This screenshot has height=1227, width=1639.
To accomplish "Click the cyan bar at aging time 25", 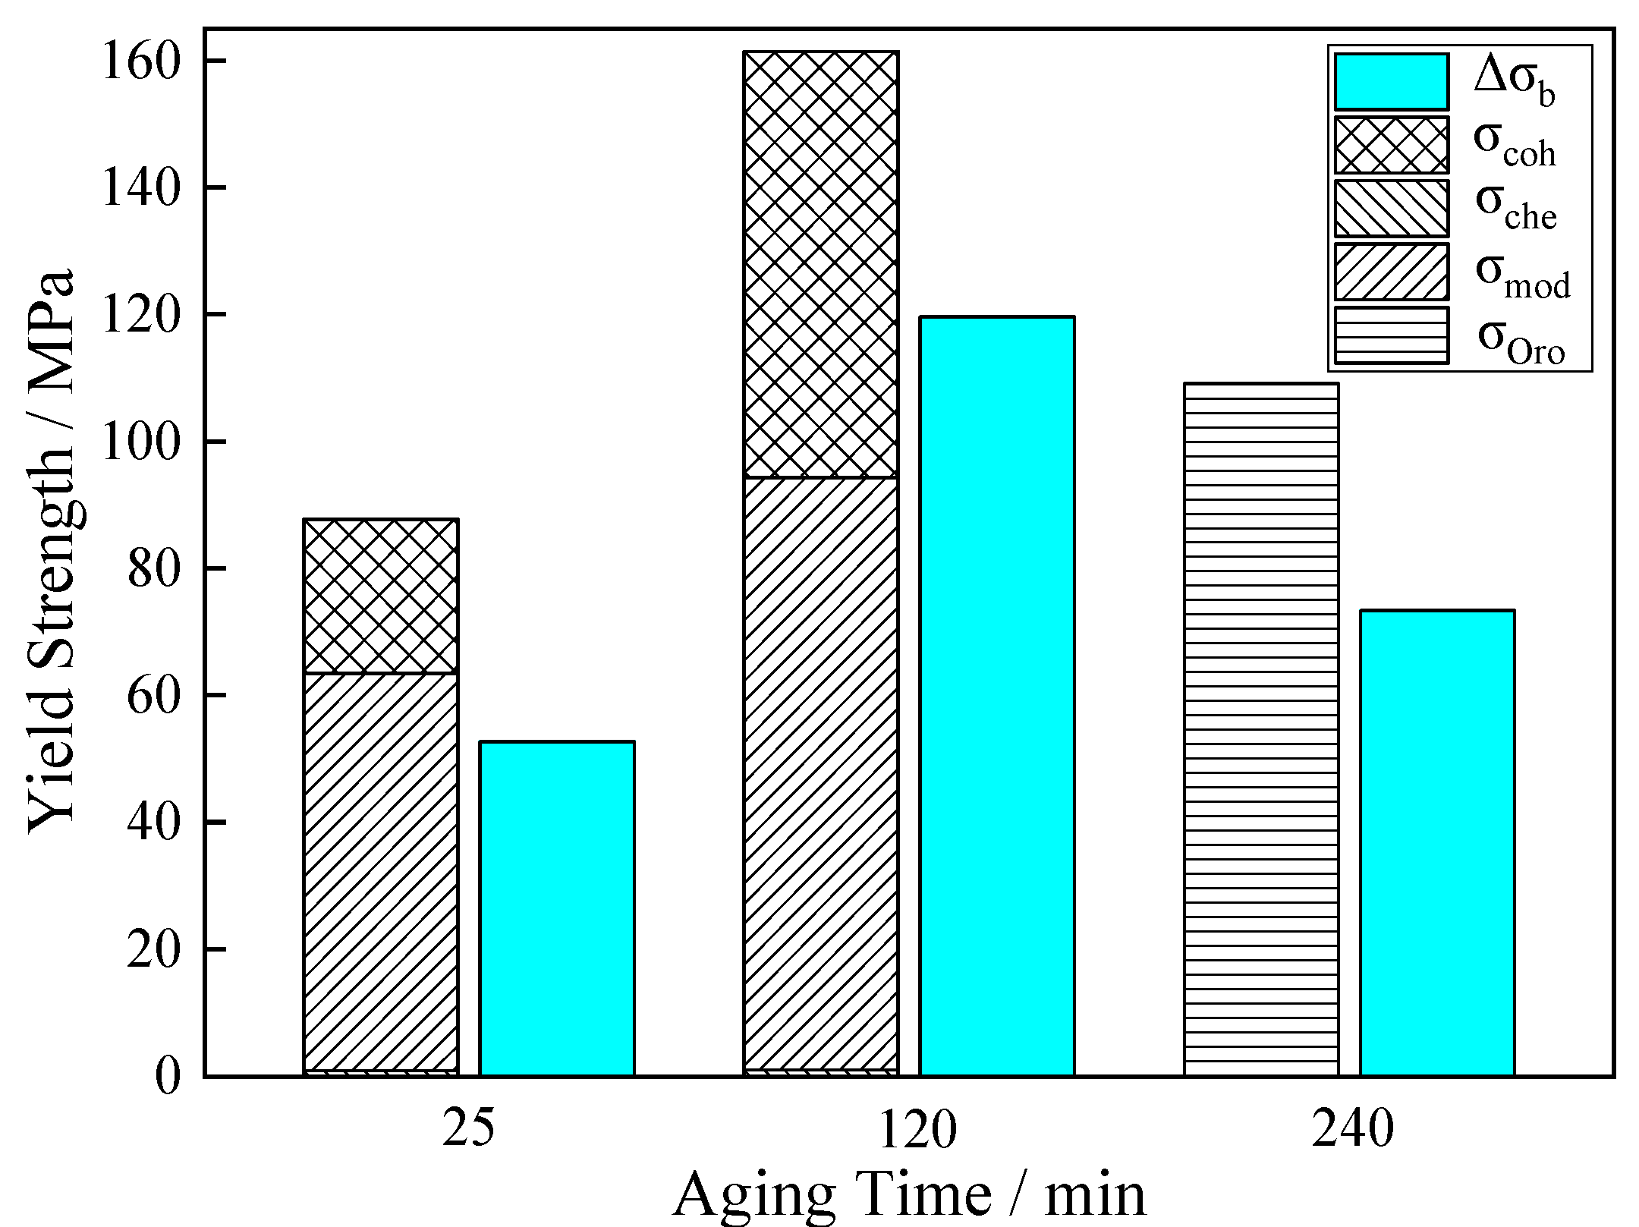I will tap(557, 908).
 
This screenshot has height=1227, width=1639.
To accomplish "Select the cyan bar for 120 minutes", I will tap(996, 696).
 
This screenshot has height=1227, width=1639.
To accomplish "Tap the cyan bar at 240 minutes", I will tap(1436, 842).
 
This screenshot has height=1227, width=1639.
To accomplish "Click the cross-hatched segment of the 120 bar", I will tap(820, 264).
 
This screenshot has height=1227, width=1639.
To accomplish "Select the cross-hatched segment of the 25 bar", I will tap(380, 596).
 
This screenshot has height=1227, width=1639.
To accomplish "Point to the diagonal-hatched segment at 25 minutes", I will tap(380, 873).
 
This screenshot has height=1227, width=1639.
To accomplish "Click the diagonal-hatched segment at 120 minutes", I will tap(820, 774).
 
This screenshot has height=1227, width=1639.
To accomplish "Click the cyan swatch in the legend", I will tap(1391, 81).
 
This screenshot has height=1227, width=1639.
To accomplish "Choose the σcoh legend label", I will tap(1515, 146).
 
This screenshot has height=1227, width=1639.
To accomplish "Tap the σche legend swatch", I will tap(1391, 208).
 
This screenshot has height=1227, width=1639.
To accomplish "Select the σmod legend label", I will tap(1521, 277).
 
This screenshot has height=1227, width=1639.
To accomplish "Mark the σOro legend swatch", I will tap(1391, 335).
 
